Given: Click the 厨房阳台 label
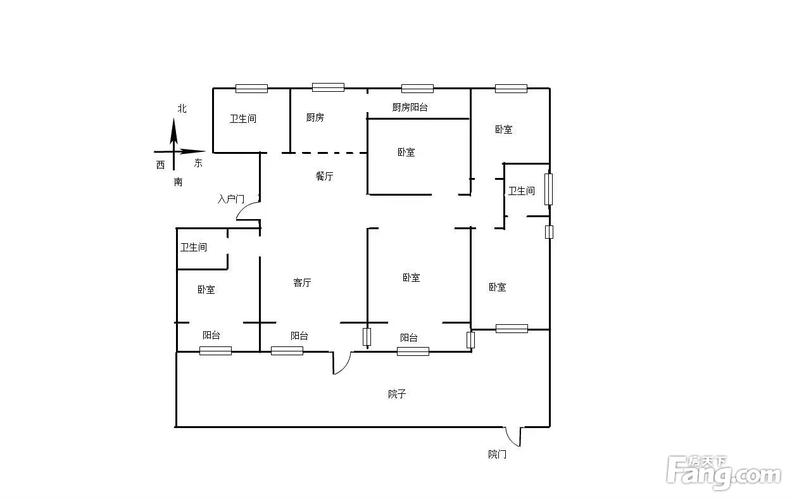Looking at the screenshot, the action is coord(410,107).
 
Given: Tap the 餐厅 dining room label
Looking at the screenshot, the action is coord(324,176).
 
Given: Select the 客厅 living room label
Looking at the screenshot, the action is coord(302,282).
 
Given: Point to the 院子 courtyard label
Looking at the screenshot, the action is coord(397,394).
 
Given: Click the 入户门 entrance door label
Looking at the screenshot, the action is coord(231,199).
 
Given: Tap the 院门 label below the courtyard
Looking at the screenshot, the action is coord(497,454).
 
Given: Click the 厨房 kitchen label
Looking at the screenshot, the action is coord(315,117).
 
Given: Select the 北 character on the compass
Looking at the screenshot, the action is coord(182,108).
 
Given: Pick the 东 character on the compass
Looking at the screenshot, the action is coord(198,163).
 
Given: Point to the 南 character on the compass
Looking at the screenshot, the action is coord(178,182).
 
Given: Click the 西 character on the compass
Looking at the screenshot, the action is coord(161,165).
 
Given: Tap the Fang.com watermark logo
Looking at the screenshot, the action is coord(723,472).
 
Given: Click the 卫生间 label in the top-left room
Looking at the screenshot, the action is coord(243,119).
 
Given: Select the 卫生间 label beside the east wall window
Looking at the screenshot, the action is coord(522,191).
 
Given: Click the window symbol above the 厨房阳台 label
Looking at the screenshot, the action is coord(417,89).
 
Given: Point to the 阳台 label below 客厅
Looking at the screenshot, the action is coord(299,336).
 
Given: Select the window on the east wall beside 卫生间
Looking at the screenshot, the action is coord(548,189).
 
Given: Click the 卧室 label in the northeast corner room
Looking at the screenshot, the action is coord(503,129).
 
